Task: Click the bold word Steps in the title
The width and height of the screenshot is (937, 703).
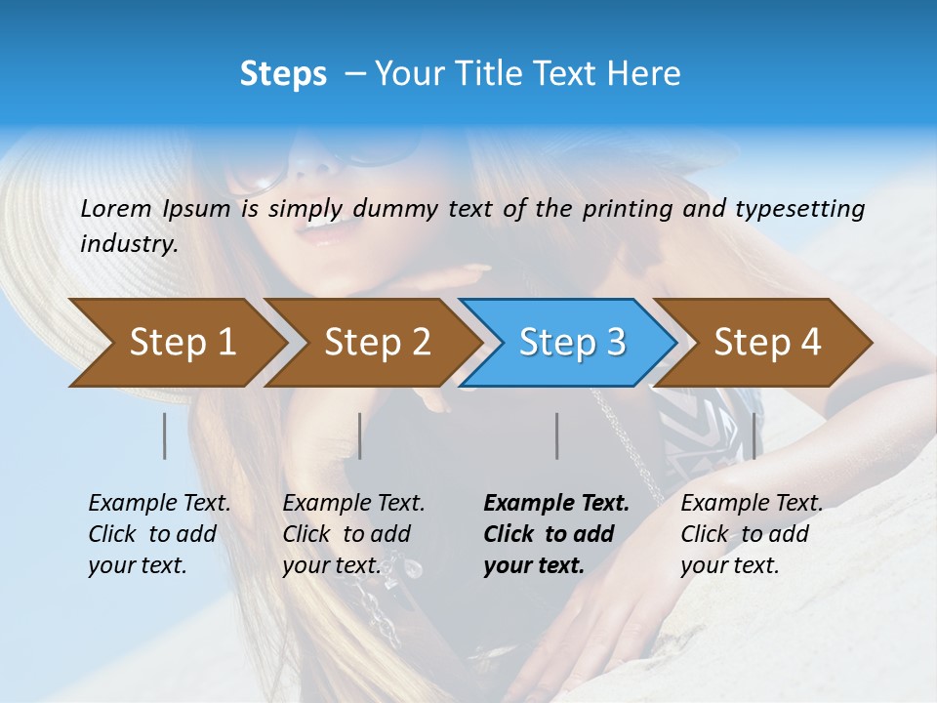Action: pos(283,74)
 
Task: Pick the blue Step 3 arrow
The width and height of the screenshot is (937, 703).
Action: pos(572,342)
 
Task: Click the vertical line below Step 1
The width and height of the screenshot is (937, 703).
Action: pos(165,435)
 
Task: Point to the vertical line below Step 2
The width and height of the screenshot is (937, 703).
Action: pos(360,435)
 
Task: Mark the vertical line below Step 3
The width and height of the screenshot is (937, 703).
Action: pos(556,435)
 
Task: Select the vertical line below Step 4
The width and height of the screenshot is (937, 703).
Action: pos(754,435)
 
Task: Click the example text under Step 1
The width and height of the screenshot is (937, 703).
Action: pos(159,534)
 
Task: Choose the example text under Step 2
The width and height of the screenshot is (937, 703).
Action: pos(353,534)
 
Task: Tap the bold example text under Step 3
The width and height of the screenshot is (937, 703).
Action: pos(555,534)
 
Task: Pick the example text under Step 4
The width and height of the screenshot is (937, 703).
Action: pos(751,534)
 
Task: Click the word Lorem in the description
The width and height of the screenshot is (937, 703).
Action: pos(116,208)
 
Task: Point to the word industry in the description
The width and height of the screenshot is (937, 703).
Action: pos(129,244)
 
